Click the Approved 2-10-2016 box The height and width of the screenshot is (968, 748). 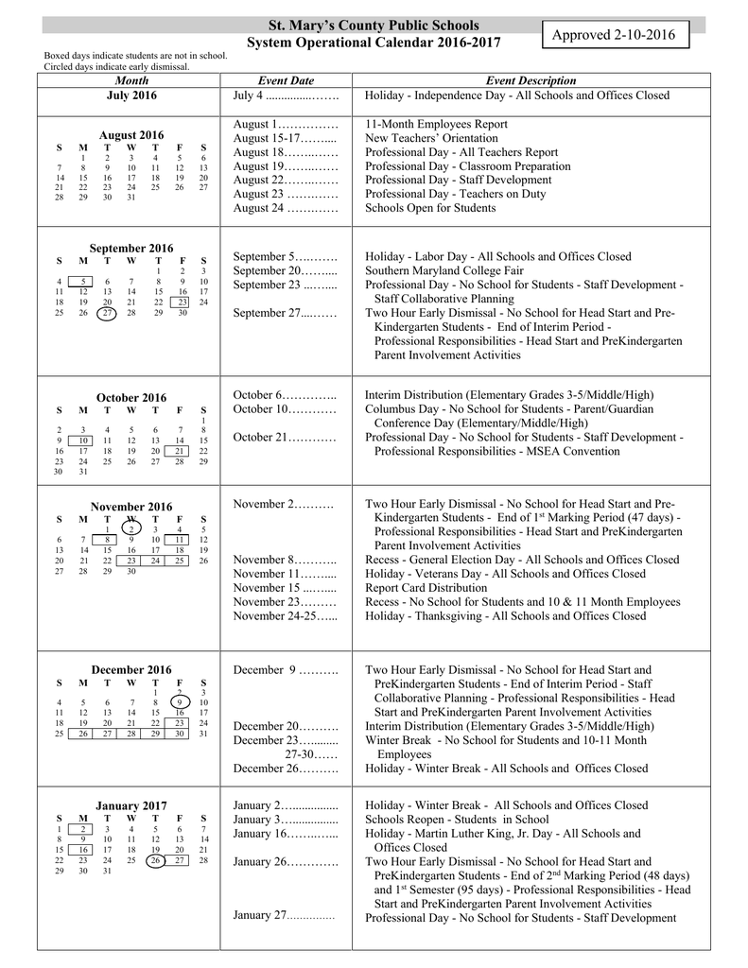click(x=621, y=36)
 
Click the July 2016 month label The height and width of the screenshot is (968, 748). click(x=131, y=95)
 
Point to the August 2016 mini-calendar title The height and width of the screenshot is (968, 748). click(x=131, y=135)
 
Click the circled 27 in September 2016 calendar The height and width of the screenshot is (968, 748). click(x=107, y=313)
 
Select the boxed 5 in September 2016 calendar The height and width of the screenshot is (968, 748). click(x=83, y=281)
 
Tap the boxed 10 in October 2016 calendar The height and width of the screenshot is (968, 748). click(x=83, y=441)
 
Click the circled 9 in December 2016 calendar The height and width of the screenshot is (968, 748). click(x=180, y=701)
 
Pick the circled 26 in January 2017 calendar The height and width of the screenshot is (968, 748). click(x=156, y=860)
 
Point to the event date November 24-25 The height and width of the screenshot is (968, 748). click(x=285, y=615)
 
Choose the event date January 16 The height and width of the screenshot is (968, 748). click(x=284, y=834)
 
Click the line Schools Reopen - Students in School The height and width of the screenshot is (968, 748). click(x=457, y=820)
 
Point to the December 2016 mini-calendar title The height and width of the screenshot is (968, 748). click(x=131, y=670)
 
